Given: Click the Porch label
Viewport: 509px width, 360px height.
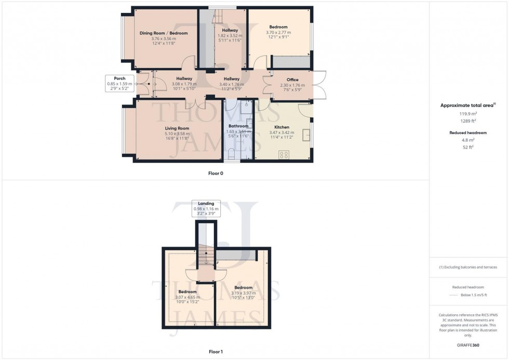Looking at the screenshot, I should [113, 78].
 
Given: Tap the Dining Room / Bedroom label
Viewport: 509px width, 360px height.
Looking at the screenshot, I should [164, 33].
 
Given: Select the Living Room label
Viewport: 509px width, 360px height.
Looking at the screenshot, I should [177, 128].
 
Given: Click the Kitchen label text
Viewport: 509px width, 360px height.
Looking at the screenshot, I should [282, 127].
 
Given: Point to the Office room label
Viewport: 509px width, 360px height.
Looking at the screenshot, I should [292, 79].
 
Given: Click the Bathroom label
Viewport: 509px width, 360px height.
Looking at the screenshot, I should [238, 126].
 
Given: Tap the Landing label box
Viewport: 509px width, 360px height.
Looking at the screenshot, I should [206, 208].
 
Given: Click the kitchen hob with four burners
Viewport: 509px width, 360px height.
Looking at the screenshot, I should [284, 154].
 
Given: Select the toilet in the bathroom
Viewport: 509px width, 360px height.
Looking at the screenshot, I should [231, 154].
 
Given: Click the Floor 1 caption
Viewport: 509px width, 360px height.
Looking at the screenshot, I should [216, 352].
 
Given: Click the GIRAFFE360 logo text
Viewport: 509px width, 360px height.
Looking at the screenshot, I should [468, 345].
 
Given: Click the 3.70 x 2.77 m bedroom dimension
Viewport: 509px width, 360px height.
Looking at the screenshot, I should [278, 32].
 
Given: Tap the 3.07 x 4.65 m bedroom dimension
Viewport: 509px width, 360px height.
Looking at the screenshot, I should [187, 297].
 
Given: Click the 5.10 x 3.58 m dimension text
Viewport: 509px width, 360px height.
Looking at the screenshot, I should [177, 134].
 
